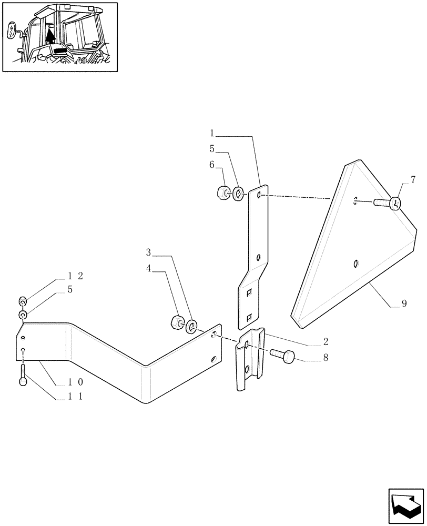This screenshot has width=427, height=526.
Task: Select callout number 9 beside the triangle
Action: click(x=403, y=304)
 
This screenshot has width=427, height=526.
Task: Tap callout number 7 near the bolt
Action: click(x=413, y=180)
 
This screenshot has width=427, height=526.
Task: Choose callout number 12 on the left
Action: click(x=76, y=276)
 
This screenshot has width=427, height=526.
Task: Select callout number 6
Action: click(x=212, y=165)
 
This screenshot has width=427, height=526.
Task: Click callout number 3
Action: click(x=149, y=252)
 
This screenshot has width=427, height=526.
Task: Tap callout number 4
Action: click(x=149, y=268)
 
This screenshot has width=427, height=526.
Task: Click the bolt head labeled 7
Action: click(x=395, y=203)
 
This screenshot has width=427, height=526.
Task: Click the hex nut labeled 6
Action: click(x=222, y=193)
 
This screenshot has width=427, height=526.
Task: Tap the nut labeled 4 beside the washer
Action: click(x=178, y=322)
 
